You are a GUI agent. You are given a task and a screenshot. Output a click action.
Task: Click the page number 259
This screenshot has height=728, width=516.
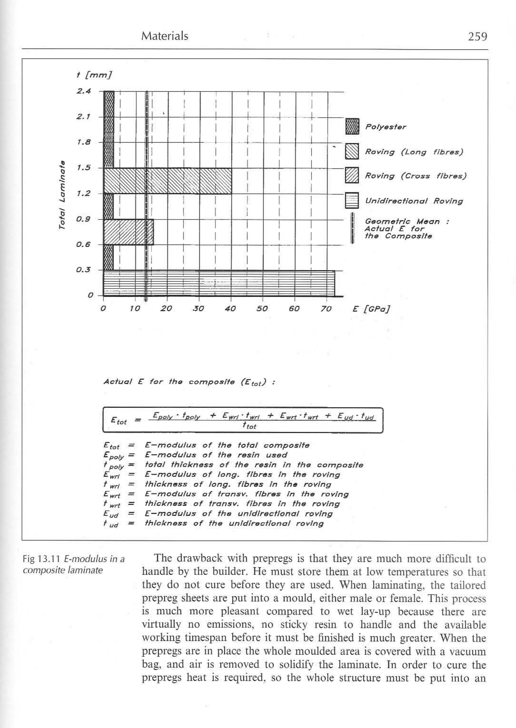click(477, 37)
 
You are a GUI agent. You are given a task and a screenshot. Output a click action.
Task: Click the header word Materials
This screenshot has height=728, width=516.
click(165, 36)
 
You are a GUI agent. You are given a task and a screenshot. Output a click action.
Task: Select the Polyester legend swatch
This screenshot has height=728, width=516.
click(352, 126)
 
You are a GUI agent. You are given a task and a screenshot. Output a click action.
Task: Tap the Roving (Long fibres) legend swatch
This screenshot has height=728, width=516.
click(352, 151)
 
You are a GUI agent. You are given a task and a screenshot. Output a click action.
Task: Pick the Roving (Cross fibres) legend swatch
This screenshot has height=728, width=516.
click(352, 175)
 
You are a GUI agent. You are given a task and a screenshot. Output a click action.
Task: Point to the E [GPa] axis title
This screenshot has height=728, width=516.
click(371, 309)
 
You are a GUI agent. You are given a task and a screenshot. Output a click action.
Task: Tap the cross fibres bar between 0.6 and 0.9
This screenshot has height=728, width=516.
click(129, 232)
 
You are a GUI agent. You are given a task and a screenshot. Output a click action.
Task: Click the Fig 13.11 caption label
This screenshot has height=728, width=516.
click(43, 559)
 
